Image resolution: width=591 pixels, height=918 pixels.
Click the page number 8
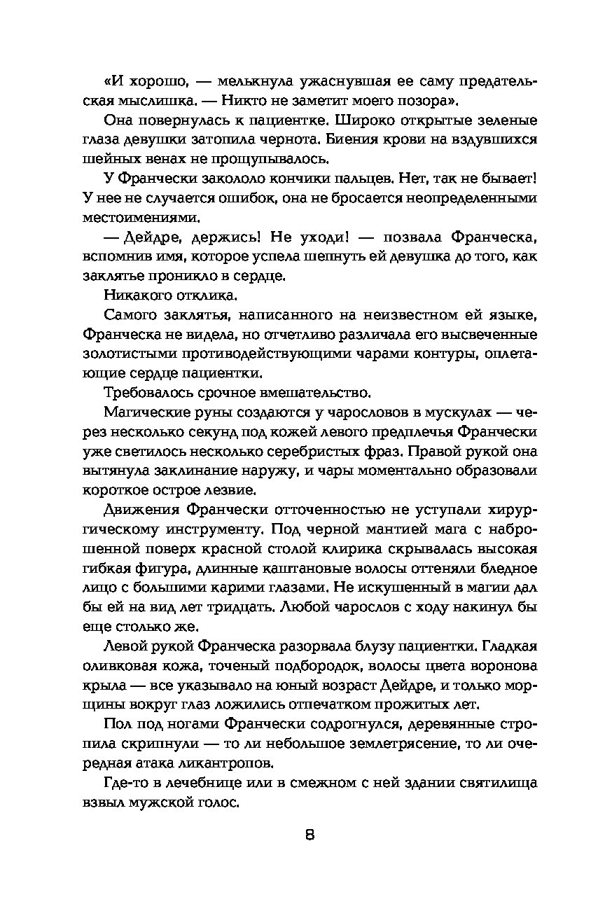[x=309, y=835]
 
